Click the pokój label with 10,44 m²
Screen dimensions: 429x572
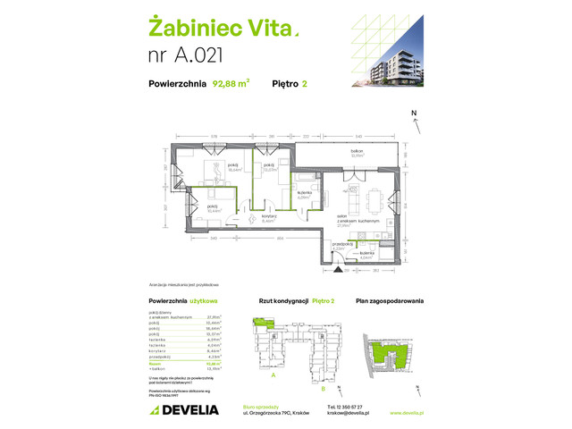(212, 208)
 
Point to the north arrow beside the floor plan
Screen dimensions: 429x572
(414, 124)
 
